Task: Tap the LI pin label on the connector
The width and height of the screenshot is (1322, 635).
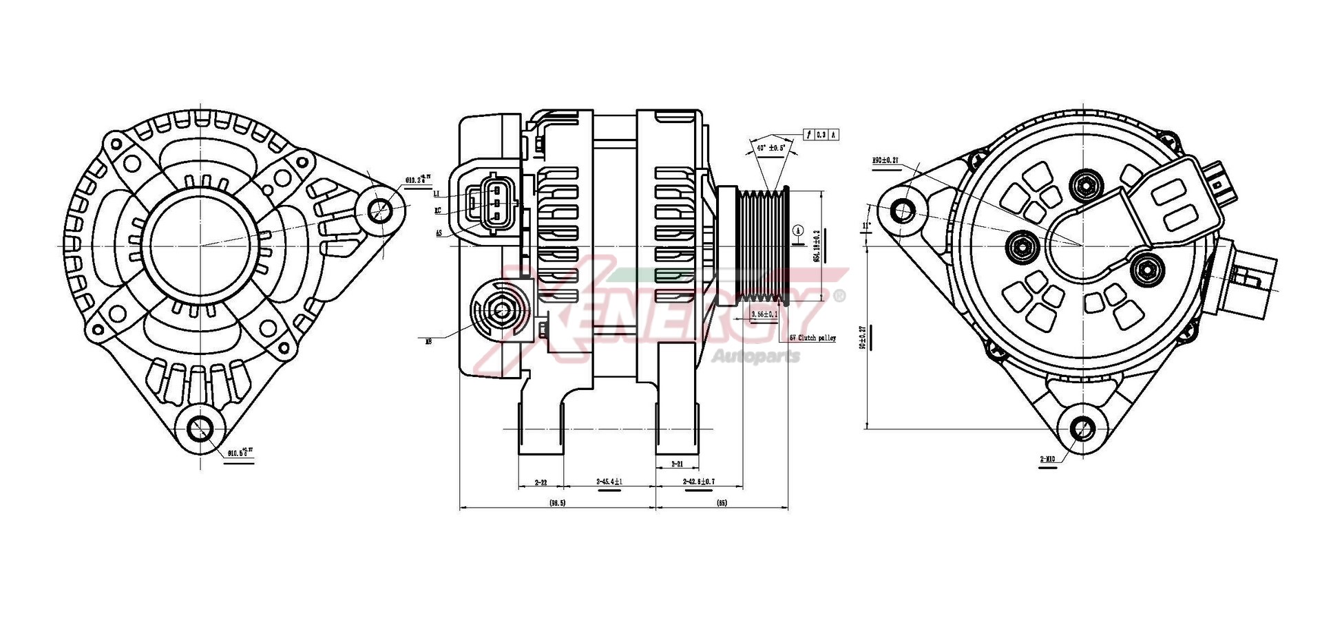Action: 437,194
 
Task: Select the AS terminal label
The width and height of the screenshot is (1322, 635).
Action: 438,233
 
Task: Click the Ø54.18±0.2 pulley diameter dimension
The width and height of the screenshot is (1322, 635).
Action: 817,246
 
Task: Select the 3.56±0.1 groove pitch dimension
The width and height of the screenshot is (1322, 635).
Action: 764,314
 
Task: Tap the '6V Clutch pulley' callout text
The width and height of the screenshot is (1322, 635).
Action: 812,338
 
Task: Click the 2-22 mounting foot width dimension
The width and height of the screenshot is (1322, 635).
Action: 541,482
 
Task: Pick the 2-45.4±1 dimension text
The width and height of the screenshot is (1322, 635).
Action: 609,482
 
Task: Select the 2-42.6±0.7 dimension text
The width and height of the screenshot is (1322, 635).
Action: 698,482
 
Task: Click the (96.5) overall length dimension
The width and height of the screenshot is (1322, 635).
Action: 557,503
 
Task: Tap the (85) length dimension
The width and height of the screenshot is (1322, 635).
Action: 722,503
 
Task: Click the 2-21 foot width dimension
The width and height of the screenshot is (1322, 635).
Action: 677,464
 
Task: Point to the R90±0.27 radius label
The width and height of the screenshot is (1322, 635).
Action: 885,160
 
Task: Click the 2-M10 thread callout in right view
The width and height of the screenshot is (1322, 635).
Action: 1048,458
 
